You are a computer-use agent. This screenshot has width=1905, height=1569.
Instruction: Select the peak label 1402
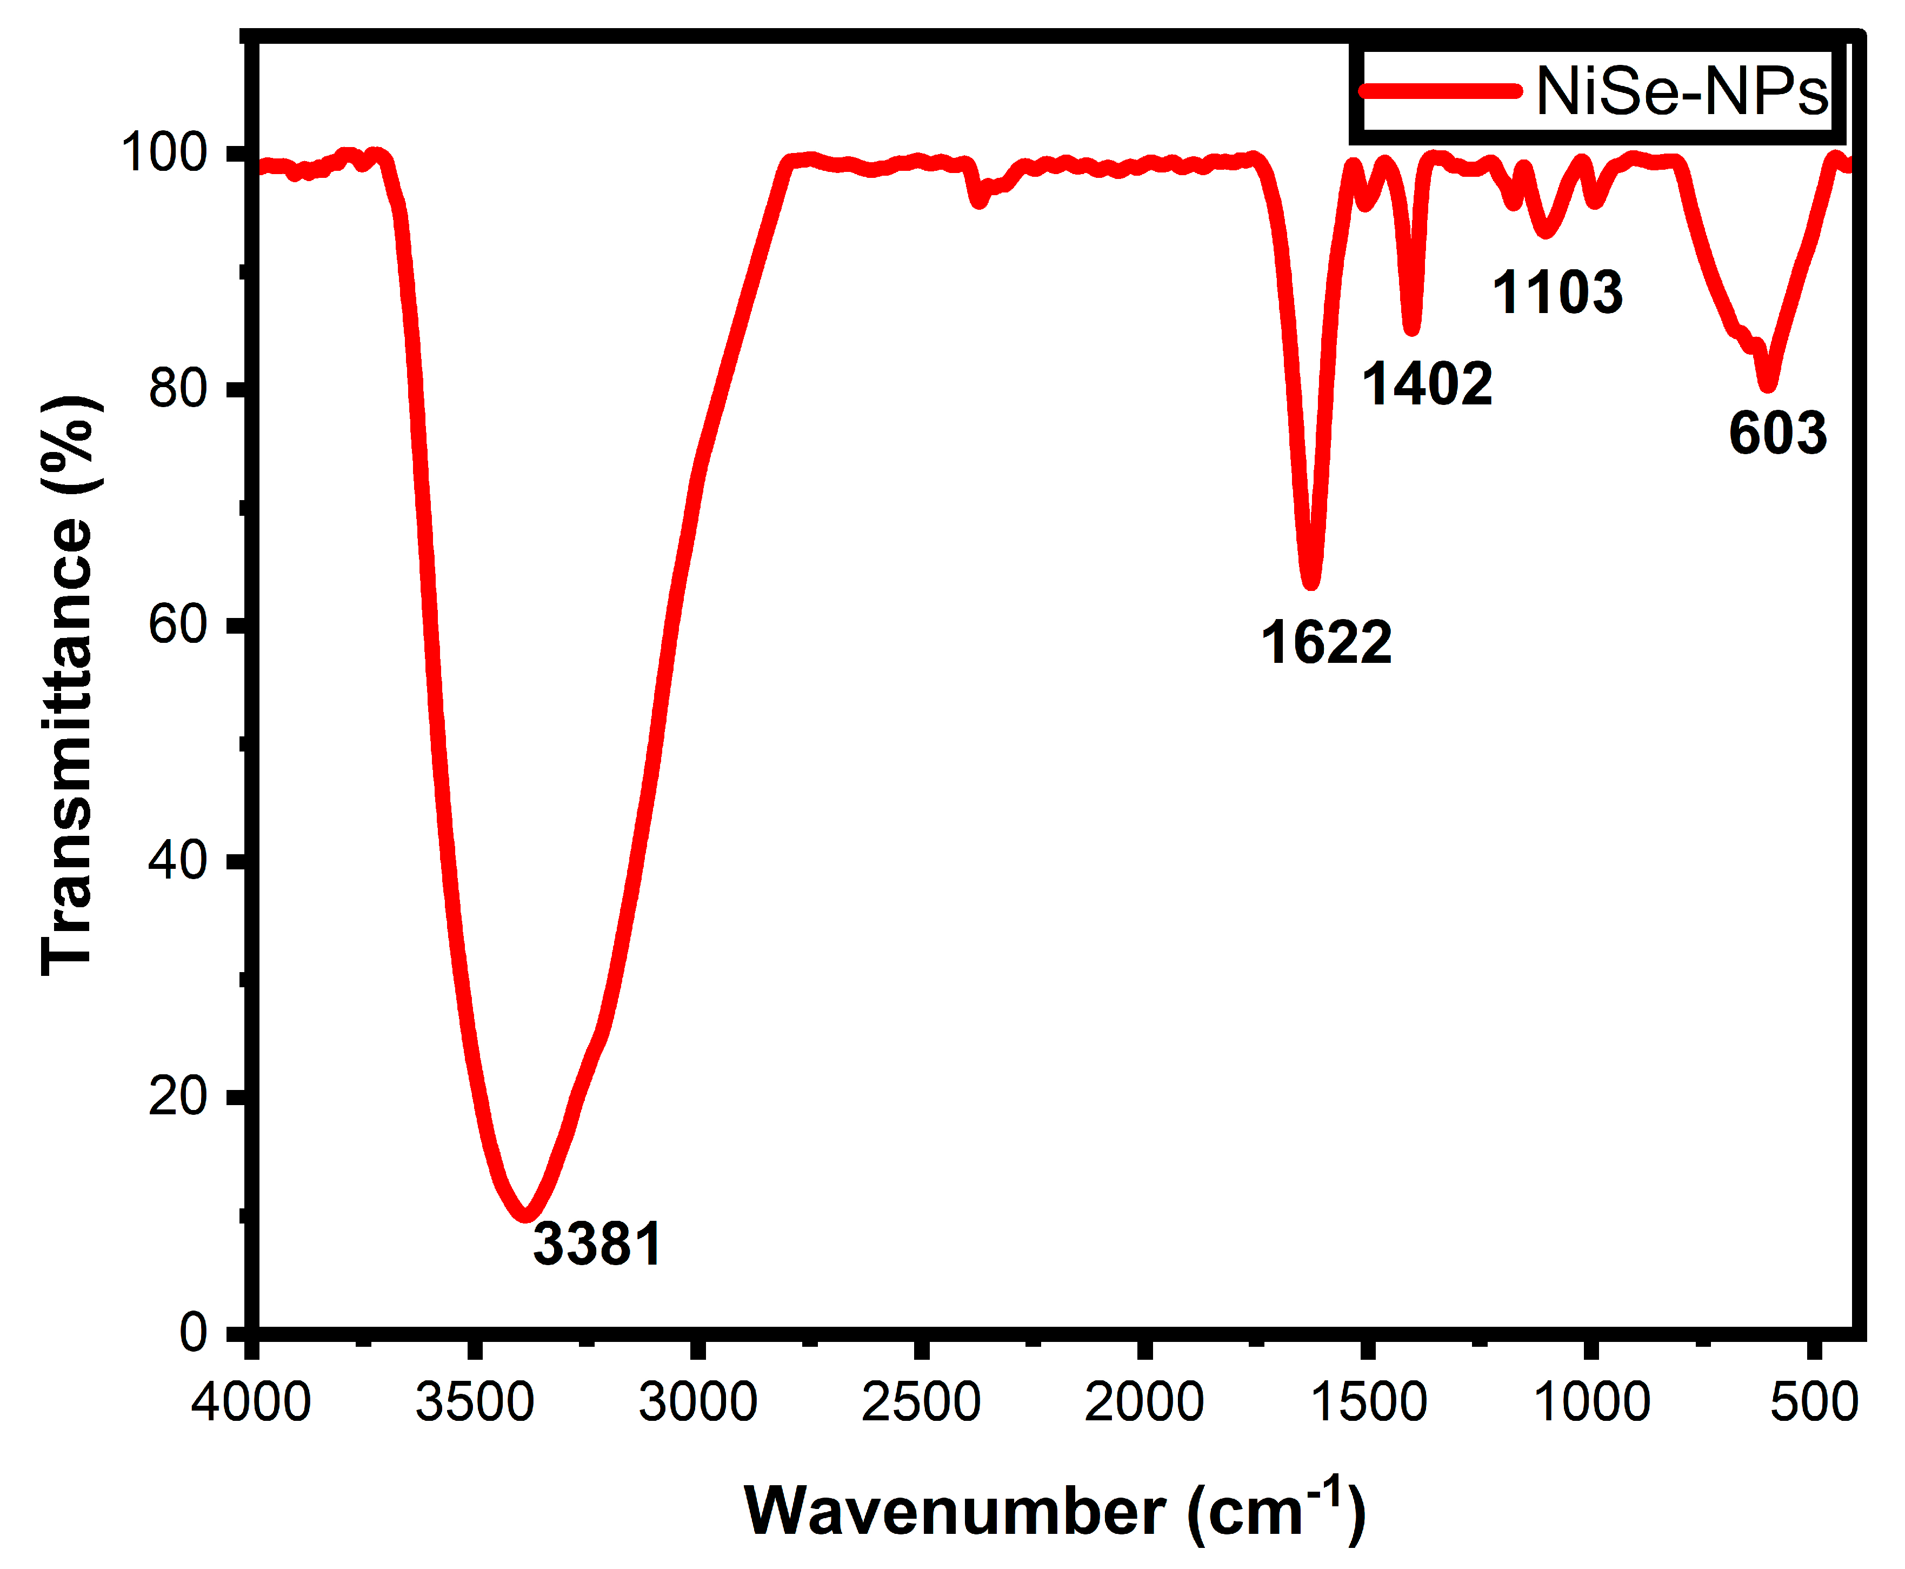click(x=1427, y=383)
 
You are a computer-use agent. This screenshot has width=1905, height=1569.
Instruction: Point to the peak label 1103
click(x=1557, y=293)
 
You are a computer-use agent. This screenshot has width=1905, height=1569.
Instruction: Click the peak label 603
click(x=1777, y=433)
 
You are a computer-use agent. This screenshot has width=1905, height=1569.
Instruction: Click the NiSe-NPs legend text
click(x=1681, y=92)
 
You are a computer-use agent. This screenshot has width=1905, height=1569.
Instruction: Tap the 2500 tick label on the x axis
click(x=920, y=1402)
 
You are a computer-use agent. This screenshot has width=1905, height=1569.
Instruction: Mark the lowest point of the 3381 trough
click(x=525, y=1215)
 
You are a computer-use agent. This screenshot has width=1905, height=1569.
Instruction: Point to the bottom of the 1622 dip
click(x=1310, y=583)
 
